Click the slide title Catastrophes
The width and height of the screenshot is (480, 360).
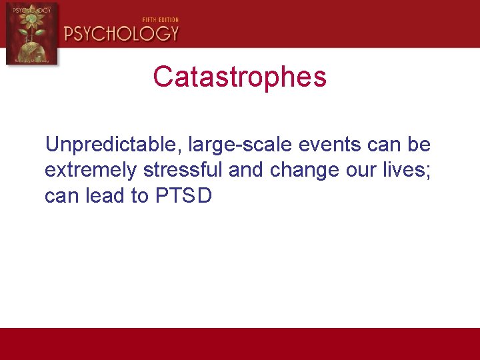pyautogui.click(x=239, y=77)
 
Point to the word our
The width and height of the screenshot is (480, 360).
pyautogui.click(x=357, y=171)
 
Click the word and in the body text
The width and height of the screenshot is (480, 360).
pyautogui.click(x=246, y=170)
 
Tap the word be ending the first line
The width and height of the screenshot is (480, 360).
pyautogui.click(x=421, y=145)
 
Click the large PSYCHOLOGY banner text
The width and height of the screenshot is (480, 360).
pyautogui.click(x=121, y=33)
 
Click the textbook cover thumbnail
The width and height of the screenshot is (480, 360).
pyautogui.click(x=31, y=33)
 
